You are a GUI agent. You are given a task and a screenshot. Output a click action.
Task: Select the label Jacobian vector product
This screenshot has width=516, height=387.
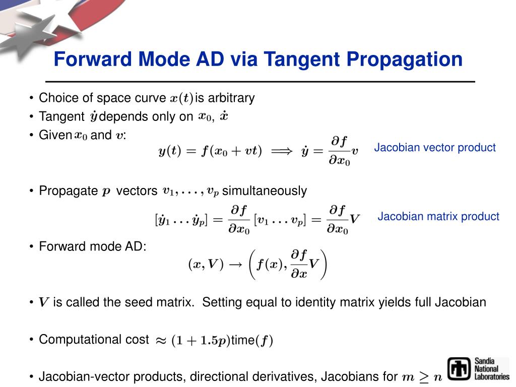(435, 148)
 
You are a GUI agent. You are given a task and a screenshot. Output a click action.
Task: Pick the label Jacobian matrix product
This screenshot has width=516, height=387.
(438, 216)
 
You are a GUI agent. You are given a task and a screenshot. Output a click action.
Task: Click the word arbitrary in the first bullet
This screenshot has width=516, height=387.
(232, 98)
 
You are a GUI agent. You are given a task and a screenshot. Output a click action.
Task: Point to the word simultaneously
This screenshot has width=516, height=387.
(265, 191)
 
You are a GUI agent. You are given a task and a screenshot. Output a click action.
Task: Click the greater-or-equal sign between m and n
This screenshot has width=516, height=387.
(424, 376)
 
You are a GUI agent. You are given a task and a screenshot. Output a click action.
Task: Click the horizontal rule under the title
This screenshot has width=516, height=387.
(260, 82)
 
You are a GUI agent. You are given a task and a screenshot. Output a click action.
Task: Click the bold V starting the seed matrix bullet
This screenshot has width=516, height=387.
(44, 303)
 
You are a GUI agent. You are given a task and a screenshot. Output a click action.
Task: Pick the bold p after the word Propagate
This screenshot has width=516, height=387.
(106, 192)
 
